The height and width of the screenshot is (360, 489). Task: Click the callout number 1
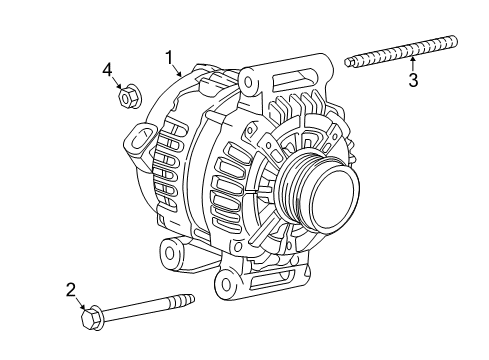(171, 57)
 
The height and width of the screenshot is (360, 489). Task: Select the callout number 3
(412, 81)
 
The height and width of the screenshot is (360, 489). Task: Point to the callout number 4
(106, 69)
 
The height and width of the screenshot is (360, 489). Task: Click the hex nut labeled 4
(127, 97)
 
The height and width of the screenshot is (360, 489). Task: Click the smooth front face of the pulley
(329, 197)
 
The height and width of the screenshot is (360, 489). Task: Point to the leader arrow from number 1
(178, 70)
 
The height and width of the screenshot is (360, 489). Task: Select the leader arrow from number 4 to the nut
(117, 84)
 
